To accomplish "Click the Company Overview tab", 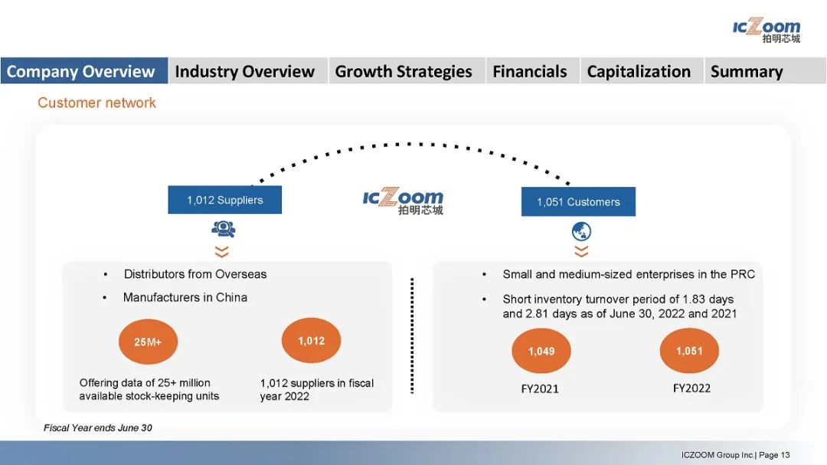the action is (84, 70).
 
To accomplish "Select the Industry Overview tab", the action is (248, 70).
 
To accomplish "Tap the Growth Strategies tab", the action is (407, 70).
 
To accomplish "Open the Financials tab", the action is (533, 70).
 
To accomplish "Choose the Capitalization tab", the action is (642, 70).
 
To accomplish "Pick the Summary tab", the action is (765, 70).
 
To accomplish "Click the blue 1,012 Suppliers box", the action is (224, 199).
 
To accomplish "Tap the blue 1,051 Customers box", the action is (578, 201).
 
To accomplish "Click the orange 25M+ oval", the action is (148, 342).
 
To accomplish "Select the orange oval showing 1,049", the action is (541, 351).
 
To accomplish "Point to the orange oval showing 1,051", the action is (689, 350).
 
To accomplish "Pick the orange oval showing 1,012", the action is (311, 340).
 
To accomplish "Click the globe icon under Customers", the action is (581, 231).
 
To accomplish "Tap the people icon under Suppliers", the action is (224, 228).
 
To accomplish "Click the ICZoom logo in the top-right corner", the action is (767, 31).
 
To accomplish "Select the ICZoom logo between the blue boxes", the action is (403, 201).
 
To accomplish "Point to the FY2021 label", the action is (540, 389).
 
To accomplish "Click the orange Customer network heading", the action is (96, 103).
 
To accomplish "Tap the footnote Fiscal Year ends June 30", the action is (97, 427).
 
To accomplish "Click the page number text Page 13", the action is (774, 455).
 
